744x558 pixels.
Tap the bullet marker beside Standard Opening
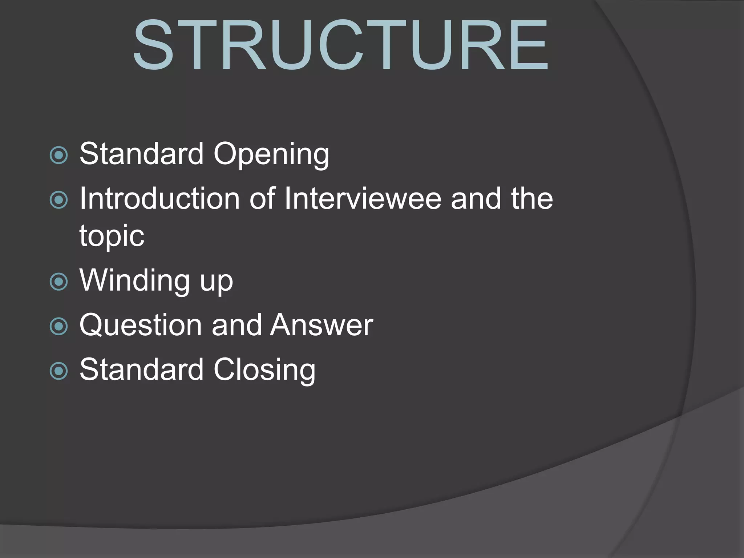(x=58, y=155)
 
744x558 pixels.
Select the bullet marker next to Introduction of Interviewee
(x=58, y=200)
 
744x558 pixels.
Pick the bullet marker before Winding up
(x=58, y=282)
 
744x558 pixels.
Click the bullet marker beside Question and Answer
(x=58, y=326)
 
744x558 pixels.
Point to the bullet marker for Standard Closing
(x=58, y=371)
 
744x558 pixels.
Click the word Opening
(x=271, y=154)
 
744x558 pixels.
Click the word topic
(x=112, y=236)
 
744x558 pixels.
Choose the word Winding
(x=134, y=280)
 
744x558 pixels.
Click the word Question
(x=140, y=325)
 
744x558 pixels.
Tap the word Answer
(x=322, y=325)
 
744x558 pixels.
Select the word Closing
(x=264, y=370)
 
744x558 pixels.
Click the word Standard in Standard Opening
(x=141, y=154)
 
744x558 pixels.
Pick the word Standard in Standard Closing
(x=141, y=369)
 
